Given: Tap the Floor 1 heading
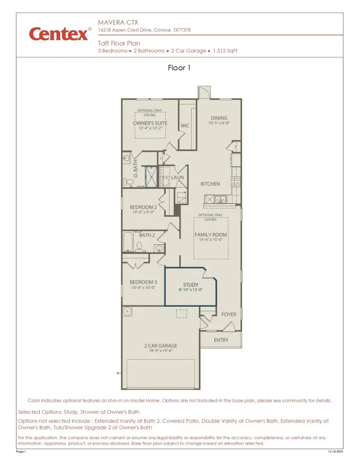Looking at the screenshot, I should (179, 68).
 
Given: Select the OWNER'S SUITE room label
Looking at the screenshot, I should (150, 123).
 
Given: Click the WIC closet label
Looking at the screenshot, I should (185, 125).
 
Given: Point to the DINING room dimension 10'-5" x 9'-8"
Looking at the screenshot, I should (219, 123).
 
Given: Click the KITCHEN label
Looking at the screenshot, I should (210, 184).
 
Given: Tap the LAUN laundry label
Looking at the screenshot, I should (178, 177).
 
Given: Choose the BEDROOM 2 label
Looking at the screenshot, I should (143, 207).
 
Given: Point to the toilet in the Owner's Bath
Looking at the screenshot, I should (129, 182).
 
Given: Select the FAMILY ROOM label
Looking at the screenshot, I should (210, 235).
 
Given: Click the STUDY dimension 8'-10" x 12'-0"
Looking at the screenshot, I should (190, 290).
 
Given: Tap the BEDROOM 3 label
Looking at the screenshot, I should (143, 282).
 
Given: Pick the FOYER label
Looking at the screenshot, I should (229, 315).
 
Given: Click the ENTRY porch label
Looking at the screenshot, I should (221, 340).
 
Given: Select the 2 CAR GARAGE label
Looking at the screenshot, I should (160, 346).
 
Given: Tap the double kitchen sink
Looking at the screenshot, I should (219, 199).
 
